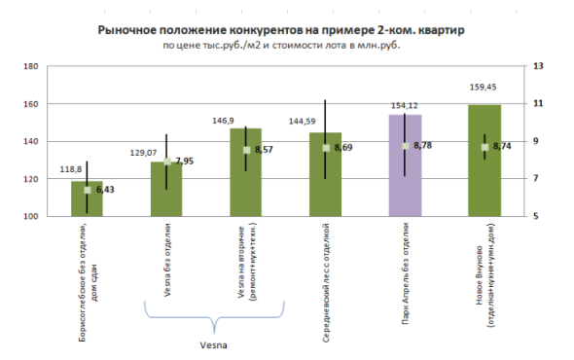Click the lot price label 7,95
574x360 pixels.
point(185,161)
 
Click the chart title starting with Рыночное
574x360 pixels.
point(282,30)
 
